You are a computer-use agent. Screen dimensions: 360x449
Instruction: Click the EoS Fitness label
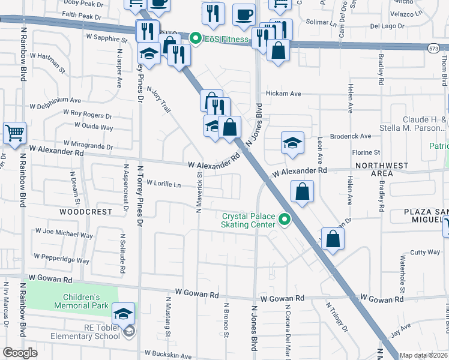[225, 40]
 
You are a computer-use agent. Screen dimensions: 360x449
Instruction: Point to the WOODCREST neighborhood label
[86, 212]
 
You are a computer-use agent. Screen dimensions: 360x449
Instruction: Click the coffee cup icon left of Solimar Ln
[243, 14]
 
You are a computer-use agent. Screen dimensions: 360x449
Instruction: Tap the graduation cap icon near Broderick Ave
[292, 143]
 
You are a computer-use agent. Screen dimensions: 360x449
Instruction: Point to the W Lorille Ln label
[163, 184]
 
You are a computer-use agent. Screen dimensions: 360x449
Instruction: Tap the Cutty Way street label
[425, 253]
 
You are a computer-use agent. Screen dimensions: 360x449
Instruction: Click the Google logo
[20, 353]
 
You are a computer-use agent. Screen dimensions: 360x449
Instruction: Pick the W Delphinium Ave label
[55, 99]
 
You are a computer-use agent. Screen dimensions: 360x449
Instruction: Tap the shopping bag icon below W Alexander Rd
[302, 191]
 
